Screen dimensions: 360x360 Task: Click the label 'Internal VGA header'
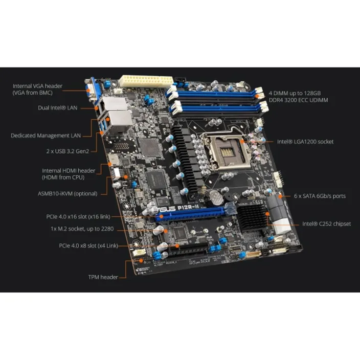tap(37, 86)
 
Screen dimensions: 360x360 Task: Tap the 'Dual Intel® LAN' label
tap(58, 108)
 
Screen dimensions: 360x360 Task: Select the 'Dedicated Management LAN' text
tap(46, 136)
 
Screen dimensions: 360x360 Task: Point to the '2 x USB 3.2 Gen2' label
tap(67, 151)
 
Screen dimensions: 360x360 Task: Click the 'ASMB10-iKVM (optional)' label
tap(67, 193)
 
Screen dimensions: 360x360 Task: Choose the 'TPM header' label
tap(103, 277)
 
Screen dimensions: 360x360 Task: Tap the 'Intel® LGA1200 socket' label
tap(305, 142)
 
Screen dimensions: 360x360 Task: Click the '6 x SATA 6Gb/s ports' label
tap(320, 196)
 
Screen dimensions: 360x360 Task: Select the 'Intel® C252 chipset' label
tap(326, 223)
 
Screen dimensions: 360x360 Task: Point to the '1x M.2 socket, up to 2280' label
tap(82, 229)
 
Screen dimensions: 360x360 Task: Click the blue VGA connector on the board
tap(93, 89)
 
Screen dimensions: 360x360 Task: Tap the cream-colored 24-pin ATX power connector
tap(146, 81)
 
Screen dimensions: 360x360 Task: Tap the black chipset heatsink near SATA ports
tap(252, 217)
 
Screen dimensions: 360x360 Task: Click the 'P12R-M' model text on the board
tap(188, 208)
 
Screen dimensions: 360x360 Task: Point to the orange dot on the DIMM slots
tap(257, 96)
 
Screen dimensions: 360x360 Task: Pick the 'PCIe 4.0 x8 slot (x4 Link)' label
tap(88, 245)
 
